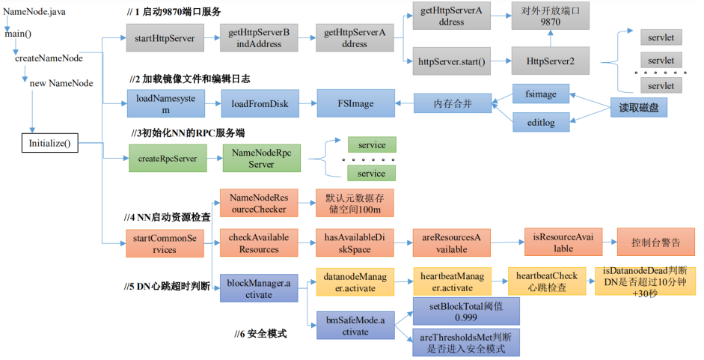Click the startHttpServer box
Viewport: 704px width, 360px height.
point(165,37)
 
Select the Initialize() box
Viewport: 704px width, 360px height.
point(50,143)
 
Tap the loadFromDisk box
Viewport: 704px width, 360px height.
point(260,103)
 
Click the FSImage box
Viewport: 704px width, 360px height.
point(355,103)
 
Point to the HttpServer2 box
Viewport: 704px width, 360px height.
point(551,61)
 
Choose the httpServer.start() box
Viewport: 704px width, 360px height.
point(452,61)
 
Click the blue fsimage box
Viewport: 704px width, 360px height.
point(541,94)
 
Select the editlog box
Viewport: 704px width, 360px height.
point(541,122)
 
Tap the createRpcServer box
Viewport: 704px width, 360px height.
point(168,158)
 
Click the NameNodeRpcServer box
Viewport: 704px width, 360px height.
point(262,158)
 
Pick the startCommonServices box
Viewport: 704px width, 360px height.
point(165,243)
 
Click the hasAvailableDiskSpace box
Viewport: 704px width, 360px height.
point(355,242)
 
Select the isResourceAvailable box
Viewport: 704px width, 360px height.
point(563,242)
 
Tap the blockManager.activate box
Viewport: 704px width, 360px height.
point(259,288)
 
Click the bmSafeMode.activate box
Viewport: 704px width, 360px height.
point(355,326)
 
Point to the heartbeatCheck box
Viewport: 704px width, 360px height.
point(547,281)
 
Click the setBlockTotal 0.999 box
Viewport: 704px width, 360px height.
point(466,311)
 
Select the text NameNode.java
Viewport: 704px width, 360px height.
point(34,11)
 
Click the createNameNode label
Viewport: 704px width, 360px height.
point(49,58)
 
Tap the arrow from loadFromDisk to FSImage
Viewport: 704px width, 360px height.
point(307,103)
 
